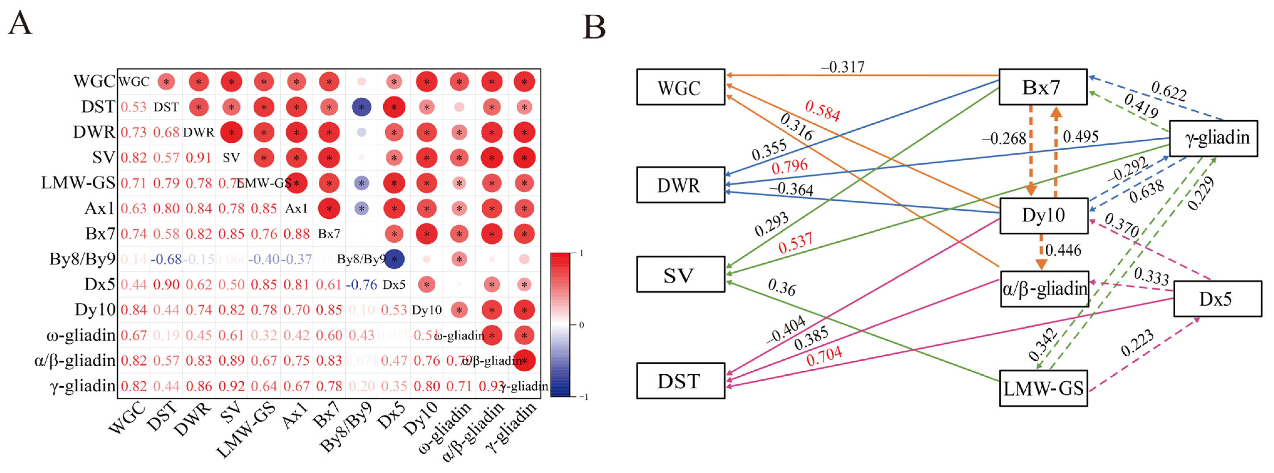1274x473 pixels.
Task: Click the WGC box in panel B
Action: point(680,87)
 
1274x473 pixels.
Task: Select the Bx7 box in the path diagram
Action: point(1042,87)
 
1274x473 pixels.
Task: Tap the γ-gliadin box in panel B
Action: point(1213,138)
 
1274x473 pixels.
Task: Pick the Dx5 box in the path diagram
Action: point(1217,299)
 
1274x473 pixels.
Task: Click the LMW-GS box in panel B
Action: point(1043,388)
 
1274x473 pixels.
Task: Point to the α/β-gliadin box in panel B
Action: point(1044,289)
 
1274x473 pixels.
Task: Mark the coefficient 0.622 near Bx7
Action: point(1168,91)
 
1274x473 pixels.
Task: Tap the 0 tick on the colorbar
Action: point(582,325)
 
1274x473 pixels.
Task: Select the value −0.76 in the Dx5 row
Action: point(361,285)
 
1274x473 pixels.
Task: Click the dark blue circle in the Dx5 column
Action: point(394,259)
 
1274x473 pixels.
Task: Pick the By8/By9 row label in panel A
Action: point(82,259)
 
